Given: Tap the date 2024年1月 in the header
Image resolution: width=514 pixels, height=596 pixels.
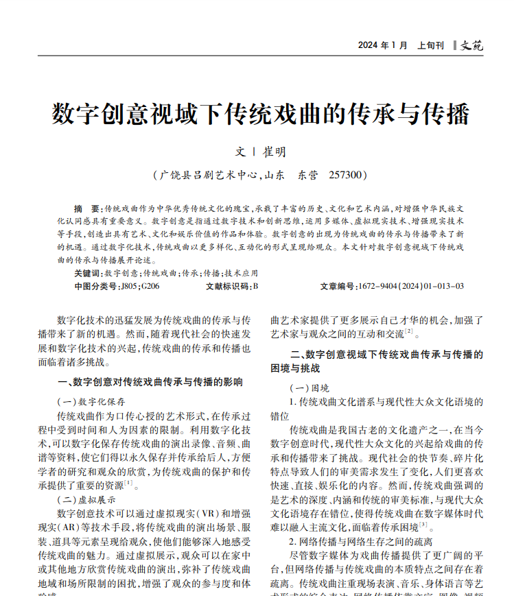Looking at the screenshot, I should pos(382,45).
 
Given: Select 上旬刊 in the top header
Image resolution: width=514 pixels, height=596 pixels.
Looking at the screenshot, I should pos(430,45).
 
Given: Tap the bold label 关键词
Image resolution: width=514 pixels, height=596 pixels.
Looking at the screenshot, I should pos(88,273).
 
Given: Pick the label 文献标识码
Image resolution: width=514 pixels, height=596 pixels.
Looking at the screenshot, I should pos(228,286).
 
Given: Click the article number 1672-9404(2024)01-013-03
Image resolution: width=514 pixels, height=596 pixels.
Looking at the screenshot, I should pos(410,286).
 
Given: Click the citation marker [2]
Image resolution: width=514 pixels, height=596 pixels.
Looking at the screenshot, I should pos(408,332).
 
